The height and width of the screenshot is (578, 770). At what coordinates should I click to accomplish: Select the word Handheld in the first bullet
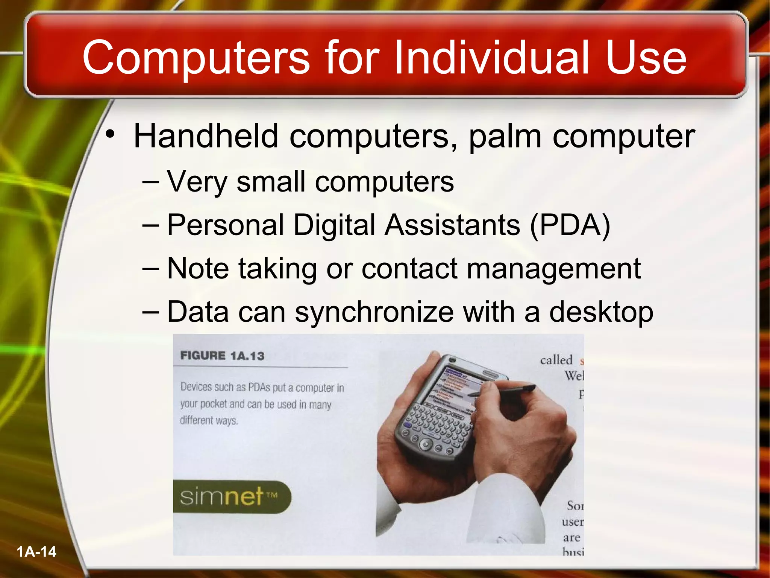pyautogui.click(x=206, y=136)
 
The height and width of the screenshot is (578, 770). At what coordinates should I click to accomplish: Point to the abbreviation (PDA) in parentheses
pyautogui.click(x=570, y=225)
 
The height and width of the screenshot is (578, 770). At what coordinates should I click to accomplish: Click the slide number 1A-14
pyautogui.click(x=36, y=552)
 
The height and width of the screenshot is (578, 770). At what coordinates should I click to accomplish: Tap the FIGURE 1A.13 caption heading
pyautogui.click(x=222, y=356)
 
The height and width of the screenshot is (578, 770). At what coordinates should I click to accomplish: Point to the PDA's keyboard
pyautogui.click(x=438, y=423)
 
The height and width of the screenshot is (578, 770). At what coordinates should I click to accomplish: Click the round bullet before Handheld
pyautogui.click(x=109, y=134)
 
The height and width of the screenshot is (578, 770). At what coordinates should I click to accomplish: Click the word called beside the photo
pyautogui.click(x=556, y=360)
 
